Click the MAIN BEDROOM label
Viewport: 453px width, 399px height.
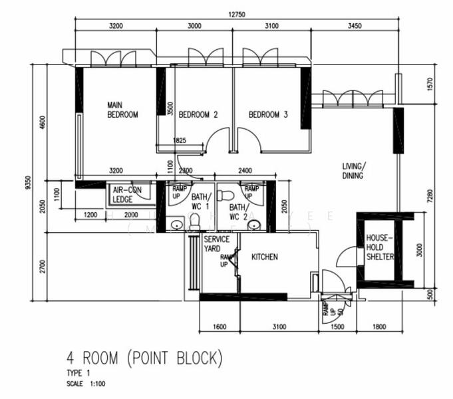pyautogui.click(x=122, y=110)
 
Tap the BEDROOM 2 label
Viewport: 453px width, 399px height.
pyautogui.click(x=198, y=114)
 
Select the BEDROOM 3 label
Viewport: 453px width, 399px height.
pyautogui.click(x=268, y=114)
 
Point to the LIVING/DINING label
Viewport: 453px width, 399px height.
pyautogui.click(x=353, y=171)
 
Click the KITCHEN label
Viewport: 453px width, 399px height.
pyautogui.click(x=264, y=257)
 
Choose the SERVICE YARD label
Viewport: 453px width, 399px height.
pyautogui.click(x=216, y=243)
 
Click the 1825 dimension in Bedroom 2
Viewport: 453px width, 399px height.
pyautogui.click(x=179, y=141)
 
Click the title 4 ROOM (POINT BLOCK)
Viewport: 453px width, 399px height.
pyautogui.click(x=144, y=359)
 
